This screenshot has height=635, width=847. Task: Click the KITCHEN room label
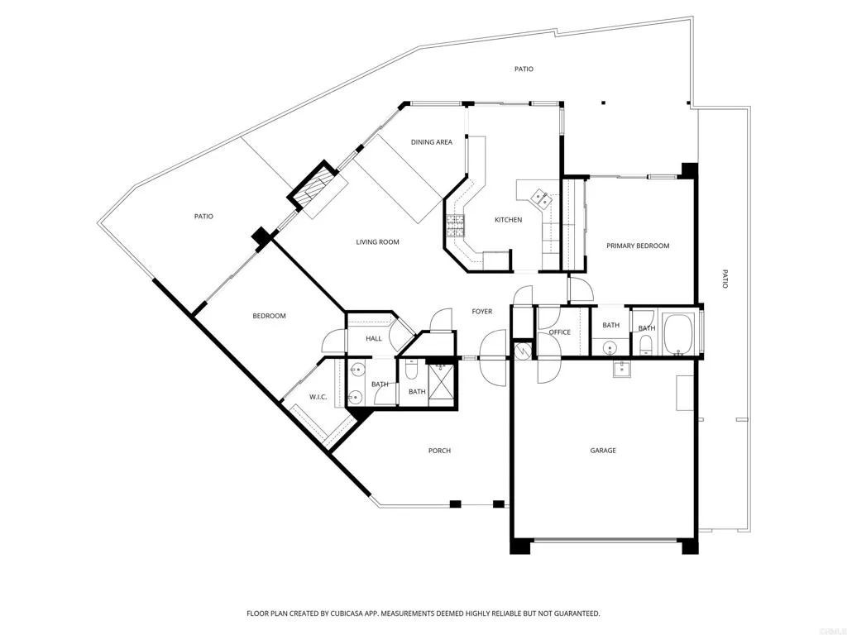[508, 220]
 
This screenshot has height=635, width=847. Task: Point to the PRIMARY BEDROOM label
[638, 246]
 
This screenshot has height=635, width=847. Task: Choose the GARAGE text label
[603, 451]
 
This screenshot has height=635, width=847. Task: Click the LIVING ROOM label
[377, 242]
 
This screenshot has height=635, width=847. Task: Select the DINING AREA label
[432, 142]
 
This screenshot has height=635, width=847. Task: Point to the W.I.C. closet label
[318, 398]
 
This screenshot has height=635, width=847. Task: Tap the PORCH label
[439, 451]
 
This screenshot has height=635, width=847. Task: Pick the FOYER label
[482, 312]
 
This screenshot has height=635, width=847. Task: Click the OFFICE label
[560, 332]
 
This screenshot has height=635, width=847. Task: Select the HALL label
[361, 338]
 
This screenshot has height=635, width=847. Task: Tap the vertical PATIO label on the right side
[725, 279]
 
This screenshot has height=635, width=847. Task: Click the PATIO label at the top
[524, 69]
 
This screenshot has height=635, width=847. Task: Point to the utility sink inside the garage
[622, 369]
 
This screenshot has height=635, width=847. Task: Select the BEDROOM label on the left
[269, 316]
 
